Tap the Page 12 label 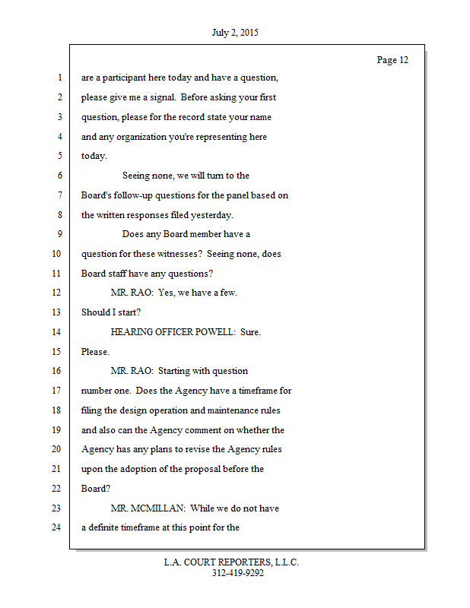392,60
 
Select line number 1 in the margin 59,78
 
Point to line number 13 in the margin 56,312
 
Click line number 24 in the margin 56,527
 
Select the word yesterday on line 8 211,215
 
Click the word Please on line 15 95,352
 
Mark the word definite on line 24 106,527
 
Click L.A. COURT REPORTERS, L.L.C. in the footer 231,562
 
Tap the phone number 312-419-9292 238,573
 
